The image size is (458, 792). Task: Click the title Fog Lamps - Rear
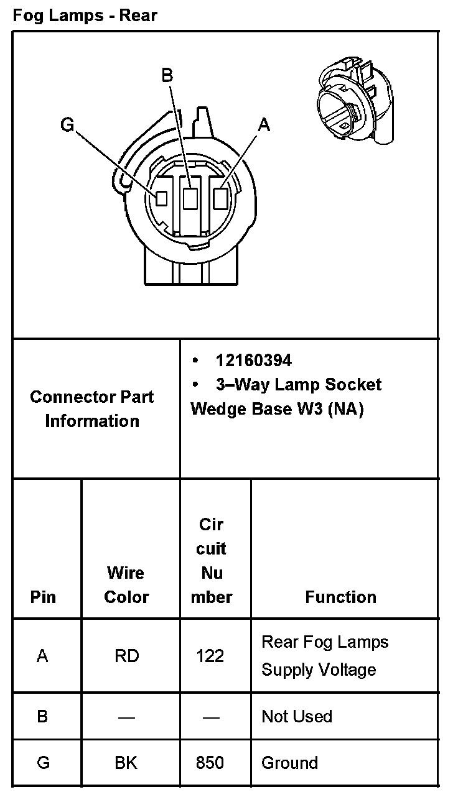85,16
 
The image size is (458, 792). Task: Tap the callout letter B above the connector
167,75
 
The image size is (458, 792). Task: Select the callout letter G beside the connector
67,126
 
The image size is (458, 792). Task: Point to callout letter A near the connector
264,126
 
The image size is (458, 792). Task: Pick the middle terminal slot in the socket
191,198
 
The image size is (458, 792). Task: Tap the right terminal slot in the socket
220,198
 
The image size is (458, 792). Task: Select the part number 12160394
253,361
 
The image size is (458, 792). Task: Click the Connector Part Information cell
92,408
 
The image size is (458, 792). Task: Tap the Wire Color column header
126,584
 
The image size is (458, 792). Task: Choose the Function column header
340,597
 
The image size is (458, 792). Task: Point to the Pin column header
43,597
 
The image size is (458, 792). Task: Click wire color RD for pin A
126,656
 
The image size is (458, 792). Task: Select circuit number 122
210,656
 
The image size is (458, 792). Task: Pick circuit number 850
210,763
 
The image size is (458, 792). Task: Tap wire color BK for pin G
126,763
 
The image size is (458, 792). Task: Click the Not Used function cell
297,716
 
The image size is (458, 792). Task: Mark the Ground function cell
289,763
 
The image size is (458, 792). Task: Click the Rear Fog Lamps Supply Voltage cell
324,656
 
